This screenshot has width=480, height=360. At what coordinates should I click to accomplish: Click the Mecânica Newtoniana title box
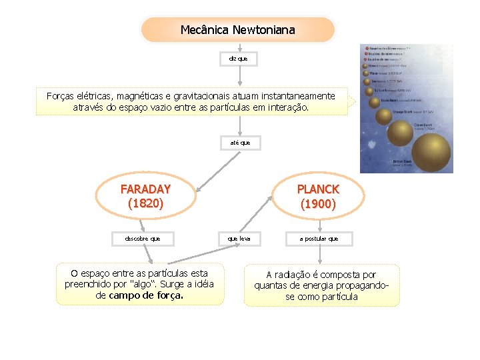(x=237, y=30)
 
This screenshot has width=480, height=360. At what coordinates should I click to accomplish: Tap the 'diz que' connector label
(x=238, y=59)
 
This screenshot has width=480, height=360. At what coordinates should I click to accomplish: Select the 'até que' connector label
(x=240, y=143)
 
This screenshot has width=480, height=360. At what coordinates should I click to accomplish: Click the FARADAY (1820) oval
(x=145, y=196)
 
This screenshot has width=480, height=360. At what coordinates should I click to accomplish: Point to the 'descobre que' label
(x=142, y=238)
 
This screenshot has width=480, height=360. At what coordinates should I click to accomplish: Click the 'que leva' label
(x=239, y=238)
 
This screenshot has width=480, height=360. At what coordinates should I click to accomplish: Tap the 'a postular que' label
(x=319, y=238)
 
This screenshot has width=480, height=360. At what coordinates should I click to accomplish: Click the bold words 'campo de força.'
(x=146, y=295)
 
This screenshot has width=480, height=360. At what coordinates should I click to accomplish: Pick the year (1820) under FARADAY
(x=145, y=203)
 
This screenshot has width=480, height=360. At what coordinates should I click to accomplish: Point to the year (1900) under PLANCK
(x=318, y=203)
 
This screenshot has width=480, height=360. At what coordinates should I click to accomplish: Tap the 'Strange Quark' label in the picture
(x=404, y=111)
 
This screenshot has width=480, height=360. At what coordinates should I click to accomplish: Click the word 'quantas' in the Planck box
(x=271, y=285)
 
